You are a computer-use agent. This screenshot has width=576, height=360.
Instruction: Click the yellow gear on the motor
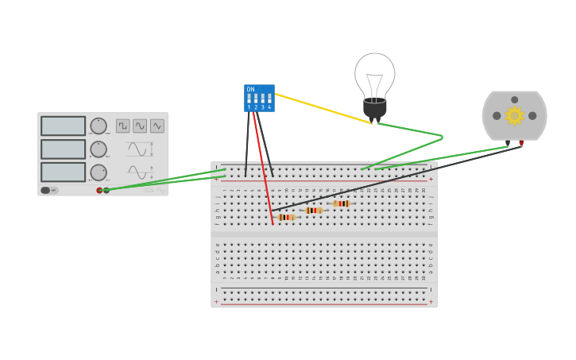point(514,116)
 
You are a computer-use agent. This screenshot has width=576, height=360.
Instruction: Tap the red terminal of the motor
point(521,144)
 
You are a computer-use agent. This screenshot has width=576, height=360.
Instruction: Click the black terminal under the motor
point(508,144)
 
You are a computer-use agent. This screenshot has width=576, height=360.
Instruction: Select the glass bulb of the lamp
point(374,75)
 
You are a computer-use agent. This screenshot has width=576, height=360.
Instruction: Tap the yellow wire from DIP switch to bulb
point(322,108)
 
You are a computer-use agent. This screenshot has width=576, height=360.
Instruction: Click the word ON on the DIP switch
point(251,90)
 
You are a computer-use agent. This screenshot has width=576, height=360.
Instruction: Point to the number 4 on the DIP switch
point(269,107)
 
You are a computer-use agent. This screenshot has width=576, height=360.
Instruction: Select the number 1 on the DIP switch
point(249,107)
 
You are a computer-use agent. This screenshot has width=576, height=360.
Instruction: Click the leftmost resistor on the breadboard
point(286,217)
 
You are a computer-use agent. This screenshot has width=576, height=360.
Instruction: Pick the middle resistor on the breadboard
point(314,211)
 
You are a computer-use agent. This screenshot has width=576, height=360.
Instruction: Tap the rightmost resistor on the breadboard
point(341,203)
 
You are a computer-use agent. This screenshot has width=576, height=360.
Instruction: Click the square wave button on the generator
point(123,126)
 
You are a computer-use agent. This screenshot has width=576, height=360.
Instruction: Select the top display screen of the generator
point(63,126)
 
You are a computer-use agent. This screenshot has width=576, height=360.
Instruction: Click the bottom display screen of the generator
point(63,172)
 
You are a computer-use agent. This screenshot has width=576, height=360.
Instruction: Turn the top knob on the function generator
point(99,126)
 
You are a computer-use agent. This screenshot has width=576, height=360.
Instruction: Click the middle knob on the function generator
point(99,149)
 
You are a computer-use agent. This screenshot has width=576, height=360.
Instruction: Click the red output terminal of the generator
point(99,191)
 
